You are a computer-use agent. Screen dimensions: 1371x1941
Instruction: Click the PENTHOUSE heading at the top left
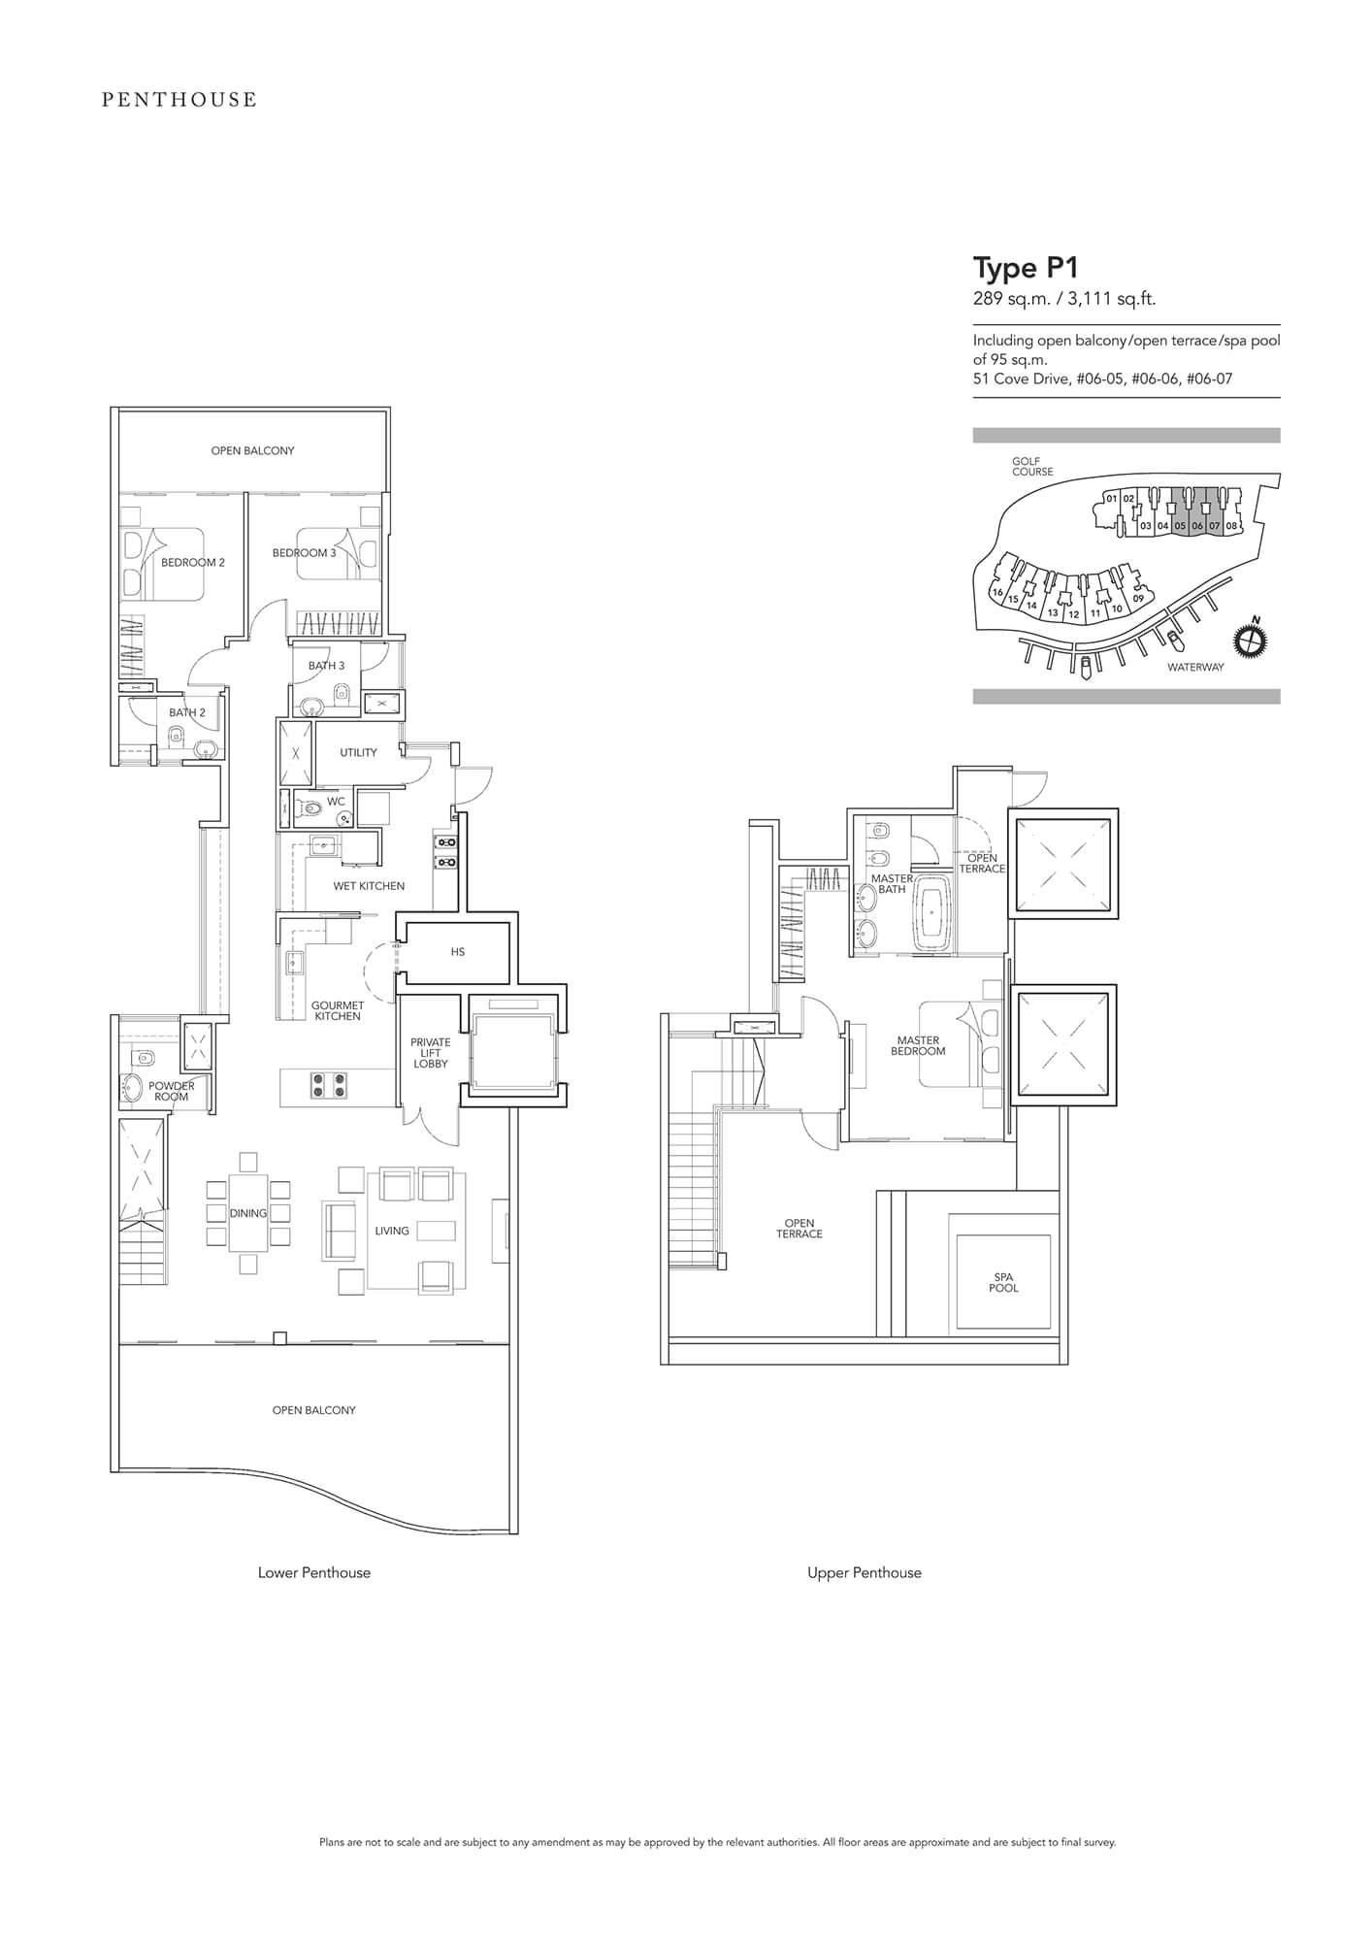[x=180, y=99]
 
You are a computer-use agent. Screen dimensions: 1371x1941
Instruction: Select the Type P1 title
[x=1027, y=267]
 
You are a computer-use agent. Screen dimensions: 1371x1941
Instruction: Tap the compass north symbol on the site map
[x=1252, y=639]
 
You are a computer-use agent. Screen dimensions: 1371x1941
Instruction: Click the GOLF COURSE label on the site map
[x=1032, y=467]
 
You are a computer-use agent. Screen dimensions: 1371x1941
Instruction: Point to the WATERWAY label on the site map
[x=1195, y=667]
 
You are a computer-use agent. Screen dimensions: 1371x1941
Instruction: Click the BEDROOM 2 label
[x=193, y=563]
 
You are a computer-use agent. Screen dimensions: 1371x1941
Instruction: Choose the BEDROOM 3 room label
[x=304, y=553]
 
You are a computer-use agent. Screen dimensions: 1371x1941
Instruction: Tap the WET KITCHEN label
[x=369, y=886]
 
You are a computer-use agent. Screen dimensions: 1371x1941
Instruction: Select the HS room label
[x=458, y=952]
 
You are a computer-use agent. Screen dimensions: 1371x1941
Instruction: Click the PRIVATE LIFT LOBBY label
[x=431, y=1053]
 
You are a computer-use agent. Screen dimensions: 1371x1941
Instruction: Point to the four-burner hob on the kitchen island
[x=328, y=1085]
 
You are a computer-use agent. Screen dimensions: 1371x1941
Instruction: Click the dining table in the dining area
[x=248, y=1213]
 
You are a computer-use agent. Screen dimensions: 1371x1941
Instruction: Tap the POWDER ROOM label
[x=172, y=1091]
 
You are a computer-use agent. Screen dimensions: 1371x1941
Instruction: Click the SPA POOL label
[x=1004, y=1283]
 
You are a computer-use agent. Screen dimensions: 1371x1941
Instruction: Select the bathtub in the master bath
[x=933, y=912]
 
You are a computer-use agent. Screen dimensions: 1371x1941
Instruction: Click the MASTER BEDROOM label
[x=918, y=1045]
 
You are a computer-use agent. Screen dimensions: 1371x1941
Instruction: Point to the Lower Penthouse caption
[x=314, y=1573]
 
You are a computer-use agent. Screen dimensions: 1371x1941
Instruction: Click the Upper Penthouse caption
[x=865, y=1573]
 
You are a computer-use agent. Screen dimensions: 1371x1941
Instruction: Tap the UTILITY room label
[x=358, y=752]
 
